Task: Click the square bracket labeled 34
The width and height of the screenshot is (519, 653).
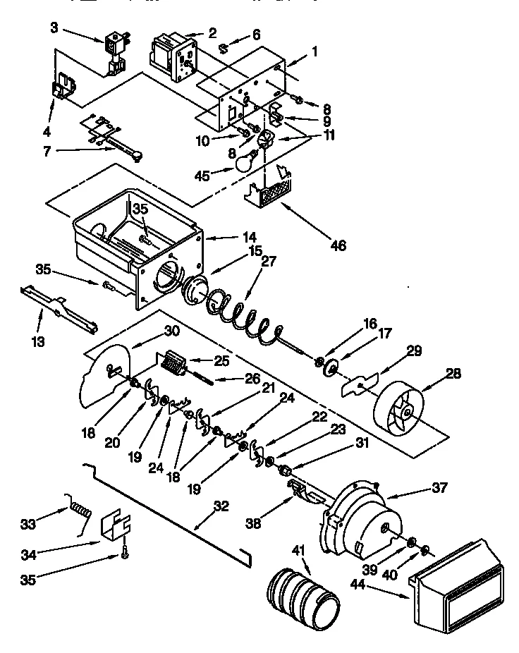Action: coord(116,526)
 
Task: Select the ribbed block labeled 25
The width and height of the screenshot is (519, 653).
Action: coord(172,365)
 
